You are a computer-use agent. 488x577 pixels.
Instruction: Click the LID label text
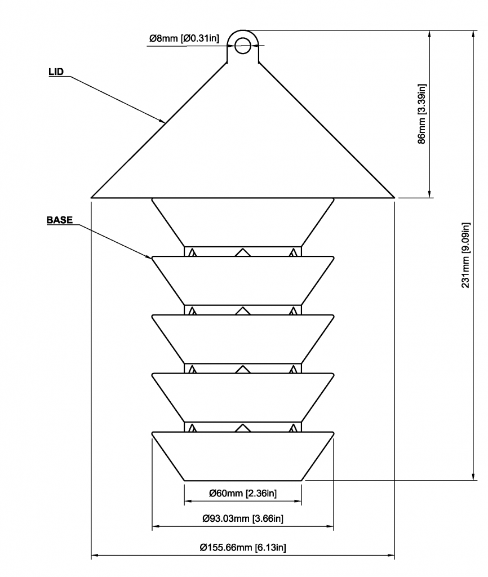coord(56,72)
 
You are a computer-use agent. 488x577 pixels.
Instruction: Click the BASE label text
coord(59,220)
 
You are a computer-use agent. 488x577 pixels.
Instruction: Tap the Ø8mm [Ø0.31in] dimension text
coord(184,38)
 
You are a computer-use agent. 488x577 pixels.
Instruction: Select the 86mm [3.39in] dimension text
coord(422,114)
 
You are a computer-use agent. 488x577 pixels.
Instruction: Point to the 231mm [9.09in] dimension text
coord(465,255)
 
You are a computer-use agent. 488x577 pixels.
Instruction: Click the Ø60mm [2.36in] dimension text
coord(242,494)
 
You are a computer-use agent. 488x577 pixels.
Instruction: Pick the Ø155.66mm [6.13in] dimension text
coord(243,547)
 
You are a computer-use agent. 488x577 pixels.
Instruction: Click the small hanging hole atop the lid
coord(243,45)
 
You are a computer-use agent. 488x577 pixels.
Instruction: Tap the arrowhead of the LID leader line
coord(163,121)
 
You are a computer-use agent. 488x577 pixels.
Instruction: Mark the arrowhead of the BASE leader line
coord(150,257)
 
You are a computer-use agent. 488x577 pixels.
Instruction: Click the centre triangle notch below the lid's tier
coord(242,252)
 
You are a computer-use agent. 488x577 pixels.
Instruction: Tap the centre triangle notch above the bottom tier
coord(242,427)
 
